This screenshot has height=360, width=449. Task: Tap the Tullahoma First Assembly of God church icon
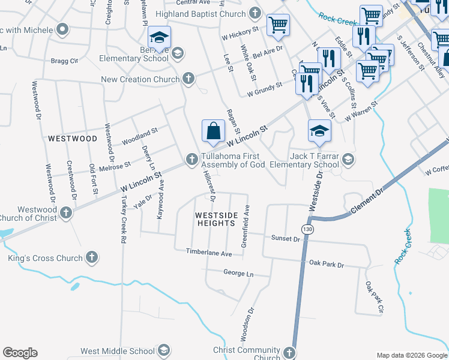(x=191, y=159)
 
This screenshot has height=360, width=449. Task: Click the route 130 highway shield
(x=307, y=230)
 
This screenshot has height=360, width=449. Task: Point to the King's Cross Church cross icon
(x=92, y=258)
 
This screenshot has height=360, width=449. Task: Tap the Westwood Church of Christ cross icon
(x=66, y=212)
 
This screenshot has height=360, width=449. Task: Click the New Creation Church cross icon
(x=188, y=79)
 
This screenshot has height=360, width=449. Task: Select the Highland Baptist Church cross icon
(x=255, y=13)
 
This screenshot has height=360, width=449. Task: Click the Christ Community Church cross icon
(x=289, y=353)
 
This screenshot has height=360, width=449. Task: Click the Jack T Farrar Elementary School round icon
(x=348, y=160)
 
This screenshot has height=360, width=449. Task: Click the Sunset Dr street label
(x=285, y=239)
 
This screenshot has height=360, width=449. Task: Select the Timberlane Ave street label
(x=209, y=253)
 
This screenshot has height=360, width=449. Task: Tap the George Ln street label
(x=238, y=273)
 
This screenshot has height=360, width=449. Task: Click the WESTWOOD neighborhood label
(x=72, y=139)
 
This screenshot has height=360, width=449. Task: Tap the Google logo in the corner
(x=20, y=352)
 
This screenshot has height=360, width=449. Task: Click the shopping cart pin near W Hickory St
(x=278, y=25)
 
